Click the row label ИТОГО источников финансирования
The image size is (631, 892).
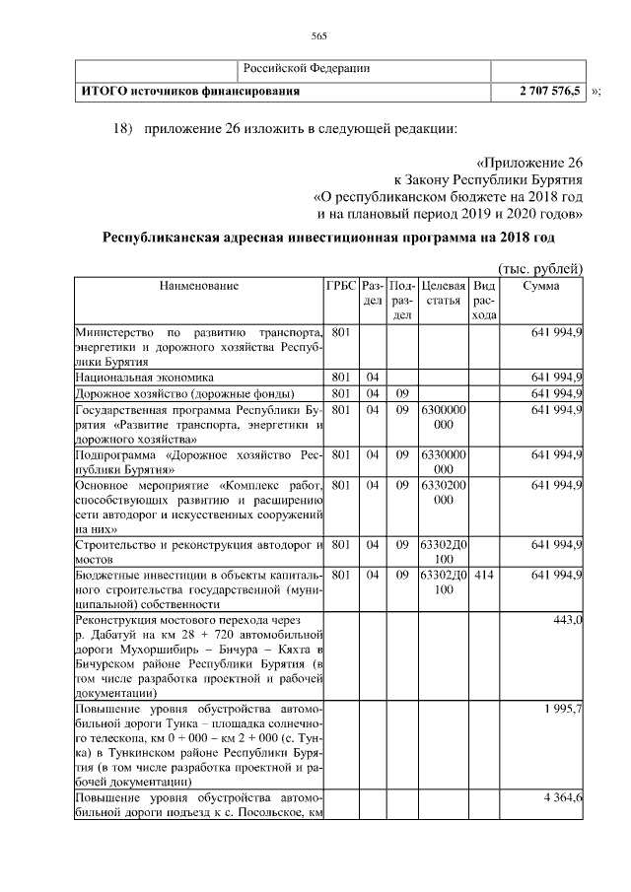click(x=189, y=91)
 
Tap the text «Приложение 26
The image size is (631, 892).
click(x=529, y=162)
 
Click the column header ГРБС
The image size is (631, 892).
click(x=341, y=286)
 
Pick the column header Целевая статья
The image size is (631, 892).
click(x=443, y=293)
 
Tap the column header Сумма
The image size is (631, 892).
click(x=541, y=286)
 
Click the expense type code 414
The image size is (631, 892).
click(x=484, y=575)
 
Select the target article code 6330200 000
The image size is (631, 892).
click(x=443, y=493)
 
